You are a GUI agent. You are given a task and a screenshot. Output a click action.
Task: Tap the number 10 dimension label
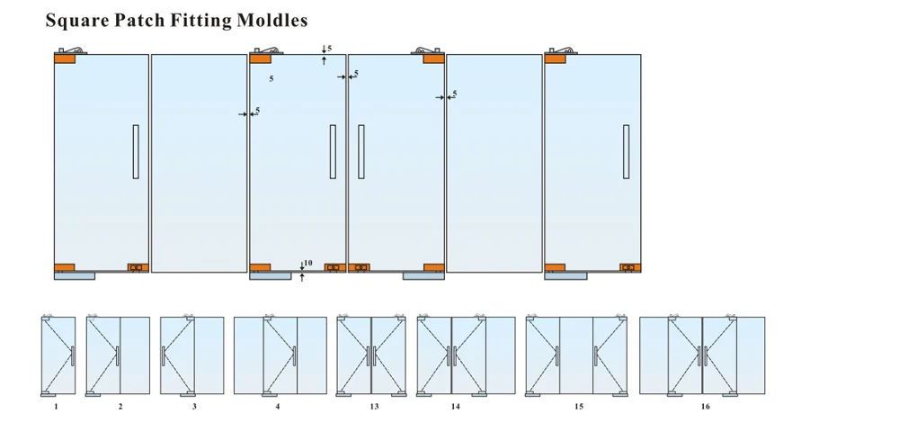(x=307, y=264)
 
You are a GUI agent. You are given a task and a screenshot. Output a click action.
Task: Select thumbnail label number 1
(x=56, y=408)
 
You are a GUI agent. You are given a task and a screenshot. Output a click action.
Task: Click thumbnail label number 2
(x=120, y=408)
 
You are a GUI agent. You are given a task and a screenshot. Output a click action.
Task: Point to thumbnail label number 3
(x=193, y=408)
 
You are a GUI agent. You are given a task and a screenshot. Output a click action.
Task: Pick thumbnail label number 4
(x=278, y=408)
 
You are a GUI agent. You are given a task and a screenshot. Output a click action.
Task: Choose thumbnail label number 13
(x=373, y=408)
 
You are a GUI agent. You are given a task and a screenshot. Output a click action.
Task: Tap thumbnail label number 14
(x=456, y=408)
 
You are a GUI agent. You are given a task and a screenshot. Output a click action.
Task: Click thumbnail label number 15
(x=578, y=408)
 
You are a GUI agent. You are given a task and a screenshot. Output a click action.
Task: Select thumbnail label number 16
(x=705, y=408)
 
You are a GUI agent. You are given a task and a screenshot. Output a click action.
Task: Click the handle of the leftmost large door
(x=136, y=151)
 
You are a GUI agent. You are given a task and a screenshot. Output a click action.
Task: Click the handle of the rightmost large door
(x=626, y=151)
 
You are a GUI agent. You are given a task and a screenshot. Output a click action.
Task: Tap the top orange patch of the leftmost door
(x=65, y=58)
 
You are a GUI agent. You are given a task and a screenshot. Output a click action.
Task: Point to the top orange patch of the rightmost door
(x=555, y=58)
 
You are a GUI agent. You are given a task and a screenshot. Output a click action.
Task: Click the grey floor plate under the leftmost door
(x=74, y=276)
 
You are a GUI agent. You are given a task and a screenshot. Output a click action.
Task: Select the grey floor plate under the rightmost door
(x=565, y=276)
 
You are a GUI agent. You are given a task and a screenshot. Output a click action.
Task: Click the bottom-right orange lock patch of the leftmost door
(x=137, y=267)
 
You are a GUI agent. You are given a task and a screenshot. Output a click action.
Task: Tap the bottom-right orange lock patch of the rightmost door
(x=629, y=267)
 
